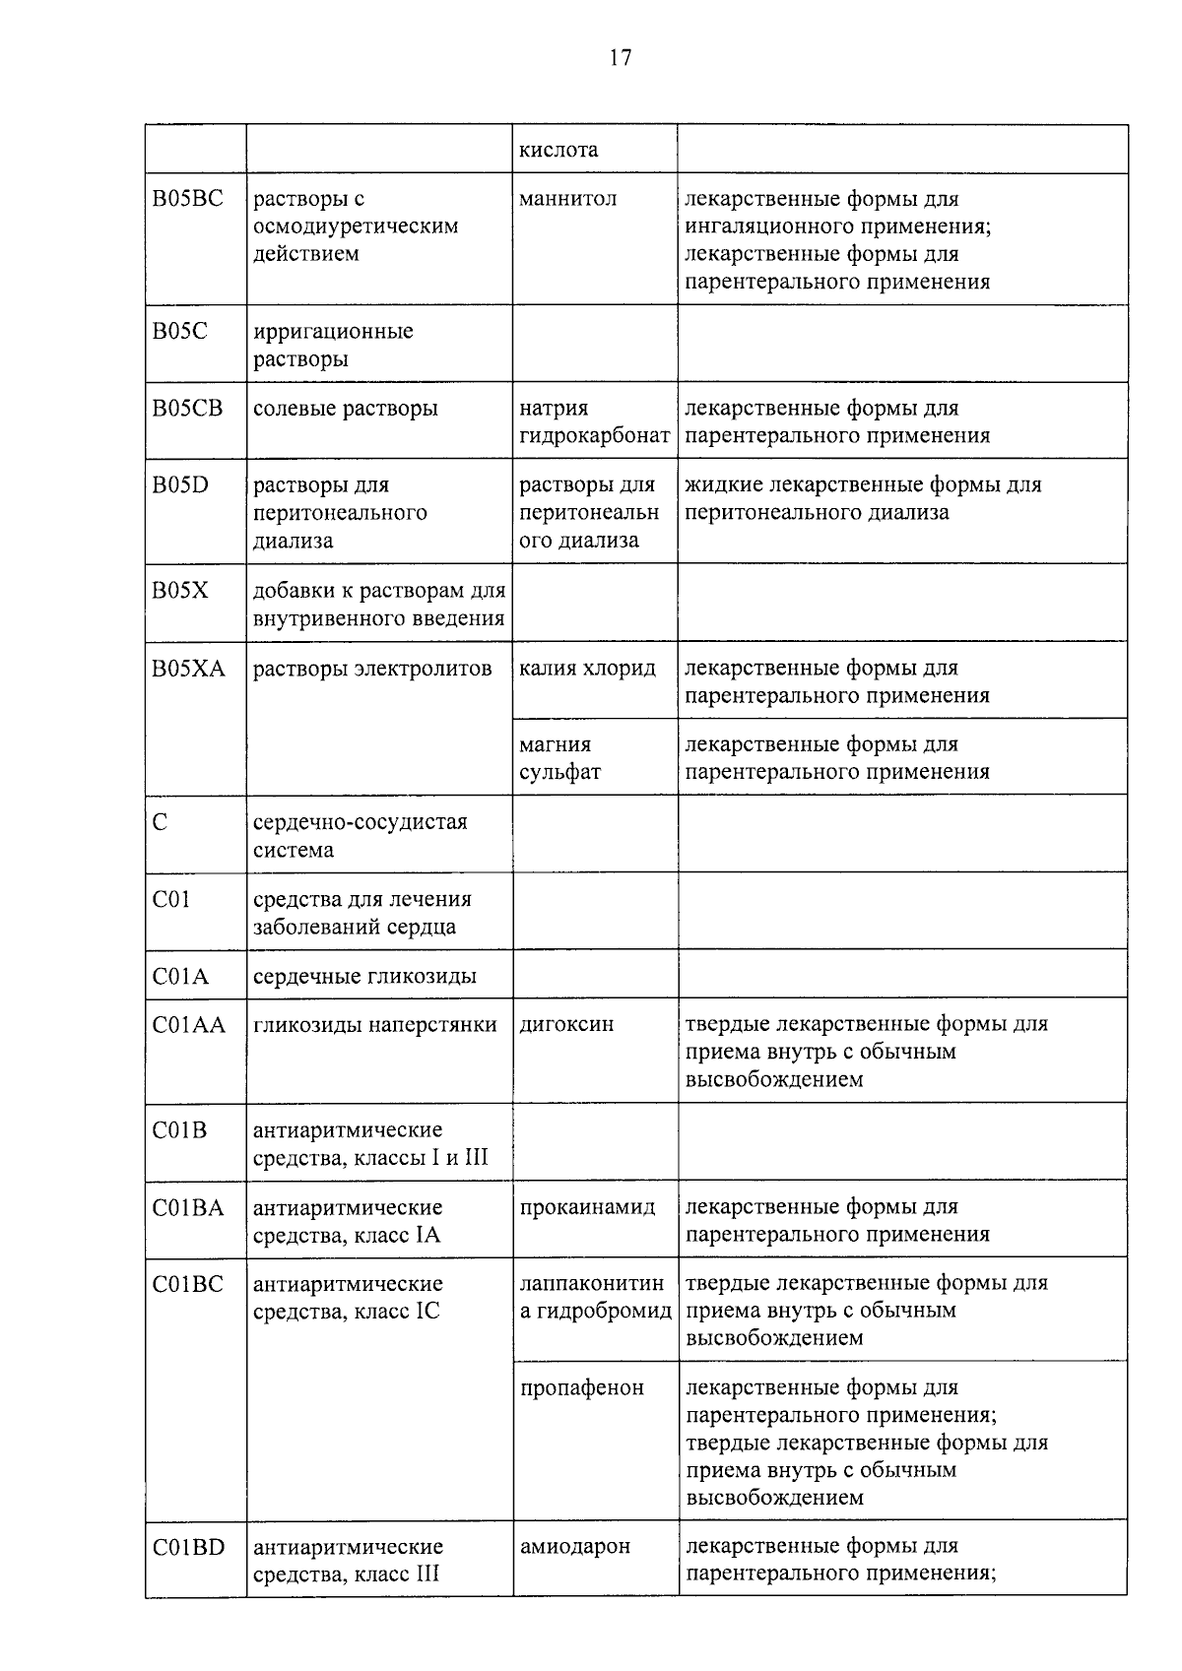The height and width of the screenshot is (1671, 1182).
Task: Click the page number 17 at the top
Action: (x=620, y=58)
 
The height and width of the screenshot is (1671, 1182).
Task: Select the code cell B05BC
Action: (x=188, y=199)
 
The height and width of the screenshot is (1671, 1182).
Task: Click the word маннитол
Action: (x=567, y=199)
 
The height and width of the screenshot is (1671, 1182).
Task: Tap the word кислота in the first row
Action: (x=558, y=151)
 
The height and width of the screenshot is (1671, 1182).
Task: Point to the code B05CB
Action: (x=188, y=409)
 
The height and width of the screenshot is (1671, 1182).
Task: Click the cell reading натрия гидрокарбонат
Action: (x=594, y=422)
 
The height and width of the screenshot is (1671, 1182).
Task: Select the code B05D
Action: (x=181, y=485)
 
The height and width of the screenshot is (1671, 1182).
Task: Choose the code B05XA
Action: (x=189, y=670)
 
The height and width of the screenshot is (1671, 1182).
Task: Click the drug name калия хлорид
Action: (x=587, y=669)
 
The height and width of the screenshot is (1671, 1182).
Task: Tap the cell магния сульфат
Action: (x=559, y=758)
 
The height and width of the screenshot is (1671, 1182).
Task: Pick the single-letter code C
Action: (x=161, y=822)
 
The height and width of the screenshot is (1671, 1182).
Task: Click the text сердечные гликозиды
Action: (x=364, y=976)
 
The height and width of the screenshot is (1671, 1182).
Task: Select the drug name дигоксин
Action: (x=566, y=1024)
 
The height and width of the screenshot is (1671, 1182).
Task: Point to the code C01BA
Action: (x=188, y=1208)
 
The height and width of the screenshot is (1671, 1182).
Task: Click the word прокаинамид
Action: (x=587, y=1207)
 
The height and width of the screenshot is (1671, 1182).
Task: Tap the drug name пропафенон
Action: (x=581, y=1388)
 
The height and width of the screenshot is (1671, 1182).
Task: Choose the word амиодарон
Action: (x=574, y=1547)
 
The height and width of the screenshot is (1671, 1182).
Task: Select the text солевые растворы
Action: (x=346, y=409)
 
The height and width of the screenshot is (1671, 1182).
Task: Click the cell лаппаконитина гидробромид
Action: (x=595, y=1298)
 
